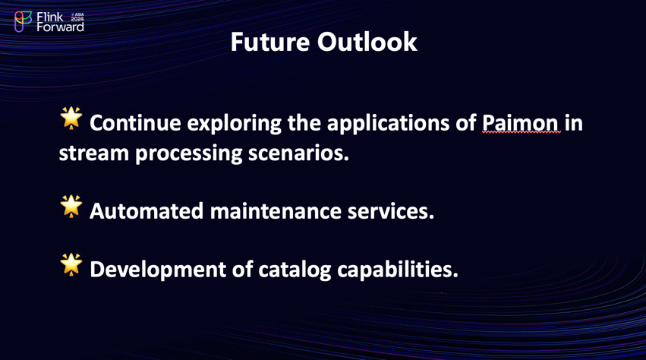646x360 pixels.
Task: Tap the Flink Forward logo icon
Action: click(x=23, y=21)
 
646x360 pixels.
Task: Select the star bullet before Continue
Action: click(x=71, y=118)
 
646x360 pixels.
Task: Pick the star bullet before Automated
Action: click(x=71, y=207)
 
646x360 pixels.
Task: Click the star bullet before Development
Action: click(x=71, y=264)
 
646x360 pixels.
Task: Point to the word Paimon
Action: click(x=521, y=123)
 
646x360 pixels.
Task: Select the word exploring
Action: click(x=234, y=124)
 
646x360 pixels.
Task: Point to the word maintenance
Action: click(x=276, y=211)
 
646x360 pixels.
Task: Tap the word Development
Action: click(x=158, y=270)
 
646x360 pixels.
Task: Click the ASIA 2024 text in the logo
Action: click(x=77, y=17)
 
